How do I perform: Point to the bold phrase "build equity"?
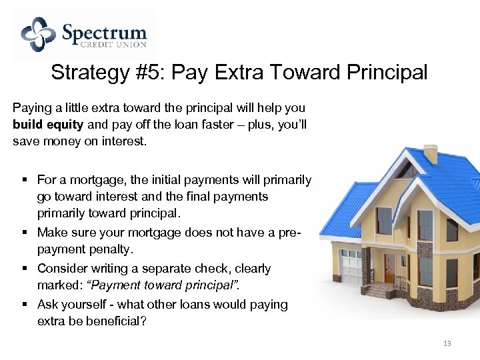click(x=47, y=124)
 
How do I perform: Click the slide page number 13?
click(x=447, y=343)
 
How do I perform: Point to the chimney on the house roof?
click(x=431, y=154)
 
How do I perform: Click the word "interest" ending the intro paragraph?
click(x=121, y=141)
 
